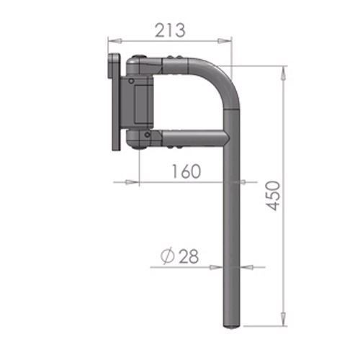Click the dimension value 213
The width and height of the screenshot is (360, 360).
(x=171, y=30)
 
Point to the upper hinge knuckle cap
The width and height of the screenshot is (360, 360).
(x=139, y=68)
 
